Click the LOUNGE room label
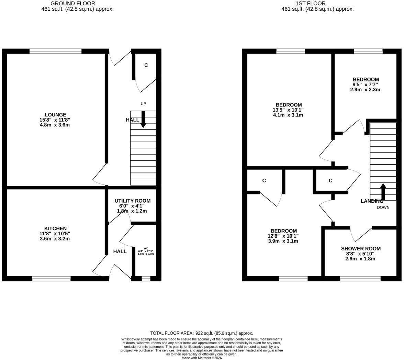pos(55,115)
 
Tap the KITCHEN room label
pos(55,228)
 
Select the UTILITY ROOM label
pos(133,201)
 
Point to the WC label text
pos(146,248)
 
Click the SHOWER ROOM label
pos(361,248)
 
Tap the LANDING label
pos(372,201)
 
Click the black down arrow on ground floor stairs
pos(143,119)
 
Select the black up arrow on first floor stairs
pos(383,192)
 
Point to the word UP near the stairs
pos(143,104)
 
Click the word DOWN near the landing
pos(383,207)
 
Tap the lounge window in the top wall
pos(55,51)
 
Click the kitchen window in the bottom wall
pos(51,279)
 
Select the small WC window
pos(146,279)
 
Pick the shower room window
pos(360,279)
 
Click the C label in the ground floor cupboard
pos(146,65)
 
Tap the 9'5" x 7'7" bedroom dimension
pos(366,85)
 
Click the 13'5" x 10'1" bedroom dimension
pos(288,110)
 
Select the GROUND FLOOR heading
pos(73,3)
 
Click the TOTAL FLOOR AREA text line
pos(202,333)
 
